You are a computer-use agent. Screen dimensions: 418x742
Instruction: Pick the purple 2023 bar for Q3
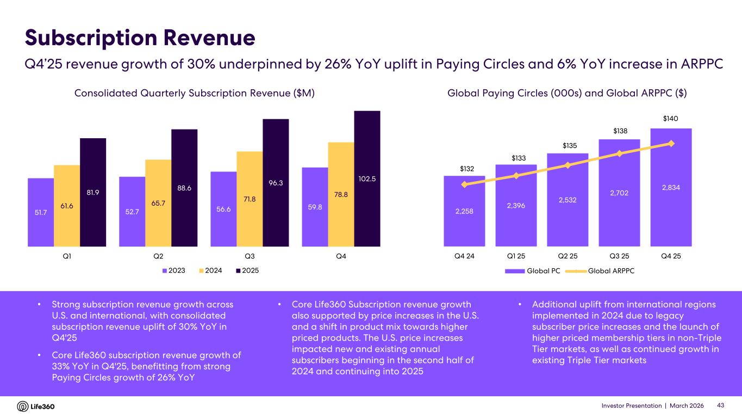pos(223,209)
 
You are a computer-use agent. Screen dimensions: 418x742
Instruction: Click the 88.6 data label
pos(184,188)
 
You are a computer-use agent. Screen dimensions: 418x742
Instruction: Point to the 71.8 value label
pos(250,199)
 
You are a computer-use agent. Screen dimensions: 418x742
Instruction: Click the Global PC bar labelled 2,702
pos(619,193)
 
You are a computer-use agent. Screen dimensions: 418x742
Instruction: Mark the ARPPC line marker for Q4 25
pos(671,143)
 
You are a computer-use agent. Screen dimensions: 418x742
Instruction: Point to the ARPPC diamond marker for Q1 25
pos(516,175)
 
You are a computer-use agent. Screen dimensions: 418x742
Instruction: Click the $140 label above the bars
pos(671,119)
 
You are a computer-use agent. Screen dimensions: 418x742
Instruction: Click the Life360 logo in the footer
pos(36,407)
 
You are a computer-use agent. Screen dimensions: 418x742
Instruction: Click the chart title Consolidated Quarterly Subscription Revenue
pos(195,94)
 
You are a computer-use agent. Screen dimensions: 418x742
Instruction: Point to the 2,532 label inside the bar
pos(568,200)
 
